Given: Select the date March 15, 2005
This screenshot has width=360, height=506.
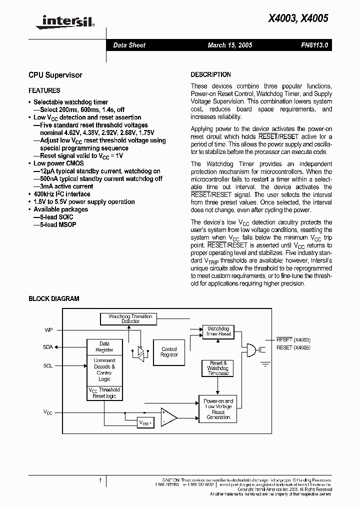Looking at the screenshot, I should pos(229,45).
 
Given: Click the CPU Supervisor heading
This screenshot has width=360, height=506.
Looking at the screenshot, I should pos(55,75).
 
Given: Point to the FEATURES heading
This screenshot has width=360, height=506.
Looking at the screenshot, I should pos(44,90).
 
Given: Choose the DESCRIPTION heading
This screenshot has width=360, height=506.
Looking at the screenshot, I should pos(210,74).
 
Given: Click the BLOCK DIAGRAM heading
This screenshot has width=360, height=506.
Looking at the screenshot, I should pos(53,298).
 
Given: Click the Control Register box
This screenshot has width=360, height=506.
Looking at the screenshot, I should pos(169,352).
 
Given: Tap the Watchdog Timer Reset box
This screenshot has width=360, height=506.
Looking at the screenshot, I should pos(218,331).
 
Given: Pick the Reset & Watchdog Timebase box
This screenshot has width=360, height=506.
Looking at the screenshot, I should pos(217,368).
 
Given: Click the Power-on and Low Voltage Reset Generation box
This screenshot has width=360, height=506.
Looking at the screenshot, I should pos(218,409).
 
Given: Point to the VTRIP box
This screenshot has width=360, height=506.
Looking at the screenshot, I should pos(145,423).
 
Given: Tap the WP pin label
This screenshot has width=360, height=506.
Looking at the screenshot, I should pos(48,330).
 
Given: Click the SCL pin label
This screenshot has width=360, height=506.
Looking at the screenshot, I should pos(47,365).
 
